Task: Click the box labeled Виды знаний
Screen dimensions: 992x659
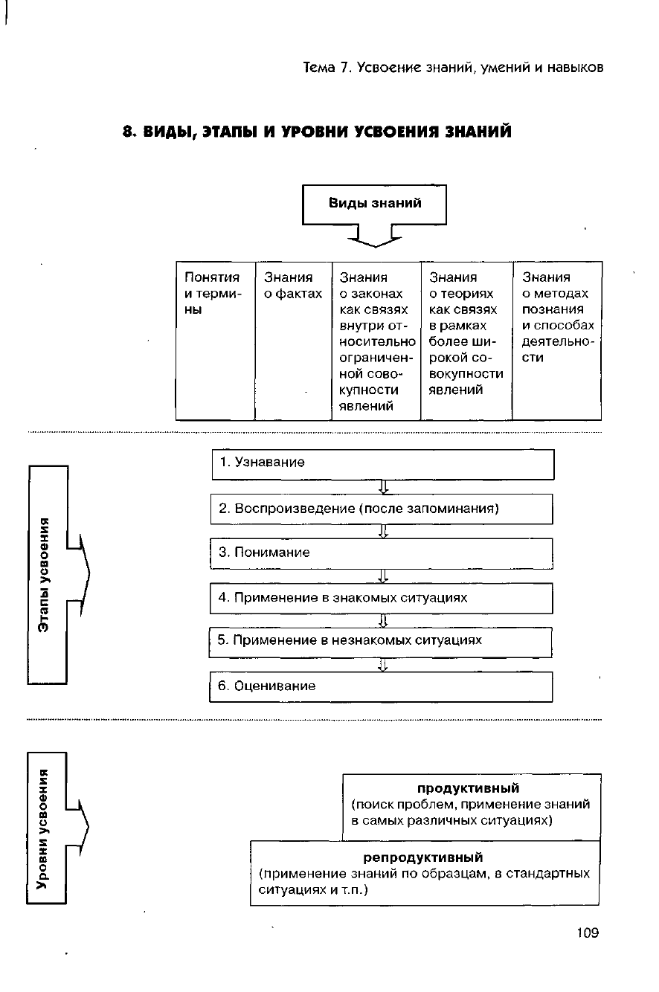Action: (x=374, y=204)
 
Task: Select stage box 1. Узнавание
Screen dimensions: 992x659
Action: (x=382, y=464)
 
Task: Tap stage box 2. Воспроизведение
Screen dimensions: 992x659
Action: (x=382, y=509)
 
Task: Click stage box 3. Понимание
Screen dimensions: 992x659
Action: (x=382, y=553)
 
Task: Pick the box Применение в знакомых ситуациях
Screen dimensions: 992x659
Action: (x=382, y=598)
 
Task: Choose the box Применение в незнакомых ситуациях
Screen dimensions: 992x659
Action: (x=382, y=641)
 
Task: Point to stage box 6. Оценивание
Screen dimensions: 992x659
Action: (x=382, y=686)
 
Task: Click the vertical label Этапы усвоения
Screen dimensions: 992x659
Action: (x=46, y=574)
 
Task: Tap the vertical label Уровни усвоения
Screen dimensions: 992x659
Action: (x=46, y=828)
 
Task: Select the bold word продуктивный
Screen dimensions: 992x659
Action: (x=468, y=788)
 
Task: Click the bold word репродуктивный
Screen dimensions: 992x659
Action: (x=422, y=857)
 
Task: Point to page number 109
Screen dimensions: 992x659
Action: (x=587, y=933)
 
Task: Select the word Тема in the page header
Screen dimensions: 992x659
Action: (x=321, y=68)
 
